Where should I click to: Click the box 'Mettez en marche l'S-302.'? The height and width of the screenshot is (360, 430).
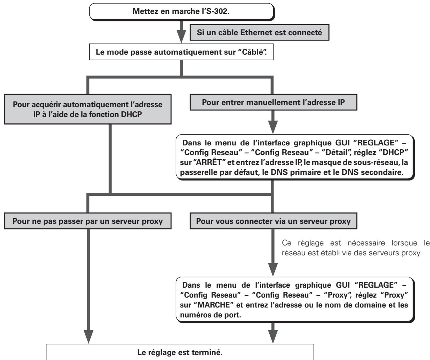(x=182, y=12)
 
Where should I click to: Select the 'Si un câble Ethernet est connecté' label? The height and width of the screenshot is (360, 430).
(x=259, y=32)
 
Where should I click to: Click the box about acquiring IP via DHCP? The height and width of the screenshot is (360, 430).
(x=88, y=109)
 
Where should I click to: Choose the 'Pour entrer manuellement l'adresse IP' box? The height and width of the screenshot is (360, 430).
(x=274, y=102)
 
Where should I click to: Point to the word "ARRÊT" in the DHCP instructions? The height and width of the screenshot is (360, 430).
(x=208, y=162)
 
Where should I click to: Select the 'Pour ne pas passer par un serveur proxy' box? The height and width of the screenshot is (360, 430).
(x=88, y=221)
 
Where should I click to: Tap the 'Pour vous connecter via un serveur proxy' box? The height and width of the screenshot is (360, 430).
(x=274, y=221)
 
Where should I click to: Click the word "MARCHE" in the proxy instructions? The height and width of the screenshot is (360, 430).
(x=214, y=305)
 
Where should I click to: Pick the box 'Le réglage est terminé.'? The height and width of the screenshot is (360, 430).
(x=180, y=352)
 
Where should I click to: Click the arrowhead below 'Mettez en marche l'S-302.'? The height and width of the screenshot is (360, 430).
(x=181, y=36)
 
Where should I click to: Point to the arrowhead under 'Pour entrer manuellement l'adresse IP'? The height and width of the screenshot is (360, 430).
(x=273, y=127)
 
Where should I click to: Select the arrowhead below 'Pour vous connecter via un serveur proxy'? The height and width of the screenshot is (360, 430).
(x=273, y=270)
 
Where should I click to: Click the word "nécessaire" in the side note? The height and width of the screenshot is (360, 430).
(x=366, y=243)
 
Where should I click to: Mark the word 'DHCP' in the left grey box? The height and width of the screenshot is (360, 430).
(x=131, y=114)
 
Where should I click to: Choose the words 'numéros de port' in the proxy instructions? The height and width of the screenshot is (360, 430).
(x=210, y=315)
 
